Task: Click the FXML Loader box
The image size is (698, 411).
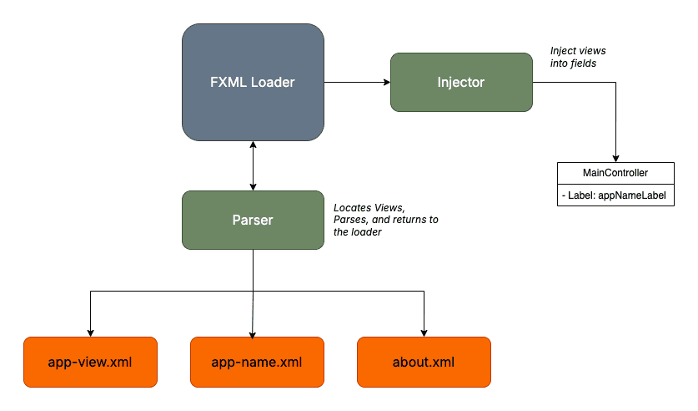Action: [253, 82]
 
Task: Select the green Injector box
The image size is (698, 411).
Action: [460, 82]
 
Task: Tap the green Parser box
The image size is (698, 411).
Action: [253, 220]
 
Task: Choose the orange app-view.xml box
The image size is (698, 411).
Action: [90, 362]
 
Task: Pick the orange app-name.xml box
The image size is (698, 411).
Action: [257, 362]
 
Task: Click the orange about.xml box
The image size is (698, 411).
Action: [424, 362]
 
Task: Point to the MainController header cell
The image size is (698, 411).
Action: [615, 173]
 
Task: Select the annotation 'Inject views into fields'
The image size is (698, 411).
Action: [574, 57]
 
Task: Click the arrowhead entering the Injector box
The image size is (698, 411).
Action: [385, 82]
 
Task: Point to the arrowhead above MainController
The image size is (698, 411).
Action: [615, 158]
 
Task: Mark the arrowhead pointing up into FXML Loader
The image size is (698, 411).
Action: [253, 145]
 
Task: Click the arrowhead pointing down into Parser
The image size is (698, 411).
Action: [253, 185]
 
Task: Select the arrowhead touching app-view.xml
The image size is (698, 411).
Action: [90, 332]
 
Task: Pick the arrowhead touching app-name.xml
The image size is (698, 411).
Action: [253, 332]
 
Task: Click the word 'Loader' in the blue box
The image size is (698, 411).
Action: [274, 82]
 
